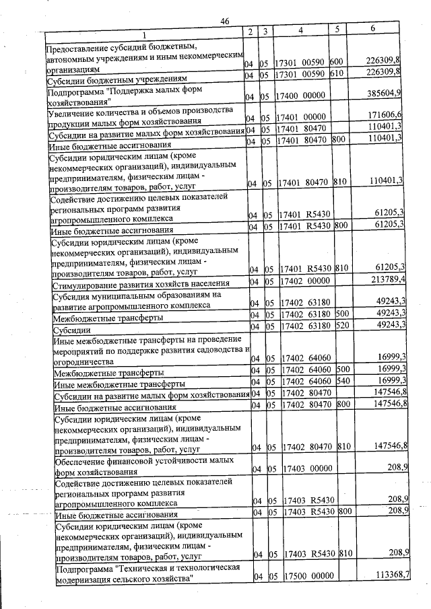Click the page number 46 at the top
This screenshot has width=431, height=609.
click(225, 22)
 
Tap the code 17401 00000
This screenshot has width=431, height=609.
click(302, 118)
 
